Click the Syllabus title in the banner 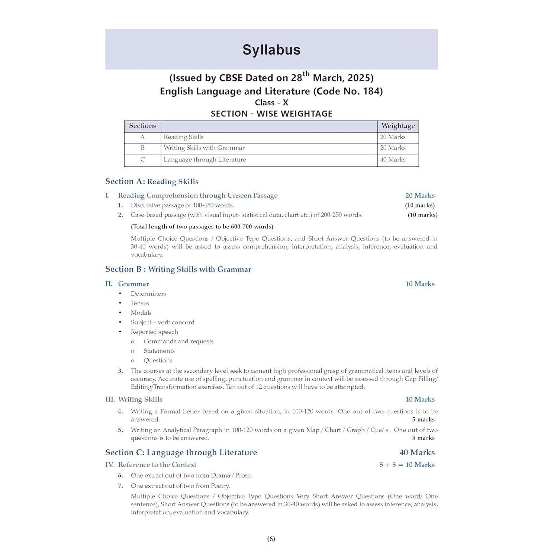point(271,50)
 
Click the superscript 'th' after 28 point(306,74)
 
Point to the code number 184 point(371,91)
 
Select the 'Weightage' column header point(398,126)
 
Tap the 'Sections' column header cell point(142,126)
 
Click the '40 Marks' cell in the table point(393,160)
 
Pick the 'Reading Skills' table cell point(184,137)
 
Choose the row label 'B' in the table point(142,148)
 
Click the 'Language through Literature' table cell point(205,160)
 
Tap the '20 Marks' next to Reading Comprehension point(420,195)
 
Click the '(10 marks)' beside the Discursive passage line point(420,205)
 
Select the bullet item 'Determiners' point(148,294)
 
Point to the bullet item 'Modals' point(141,312)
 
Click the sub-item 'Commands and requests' point(178,341)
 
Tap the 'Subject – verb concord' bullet point(162,322)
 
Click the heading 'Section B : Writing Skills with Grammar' point(178,269)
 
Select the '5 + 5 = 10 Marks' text point(407,465)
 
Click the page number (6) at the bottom point(271,539)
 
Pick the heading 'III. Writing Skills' point(134,399)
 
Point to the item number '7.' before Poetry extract point(120,486)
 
